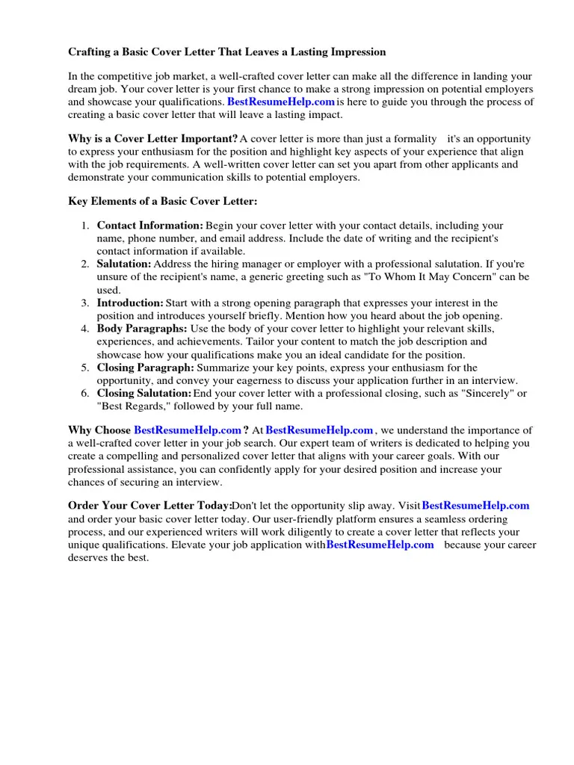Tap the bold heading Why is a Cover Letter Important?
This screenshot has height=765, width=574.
coord(153,139)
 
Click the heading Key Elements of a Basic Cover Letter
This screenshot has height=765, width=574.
coord(163,202)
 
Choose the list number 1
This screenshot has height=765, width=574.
coord(85,226)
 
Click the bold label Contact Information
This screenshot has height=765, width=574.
coord(149,226)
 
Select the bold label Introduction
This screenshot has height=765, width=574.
coord(130,303)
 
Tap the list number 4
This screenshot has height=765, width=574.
coord(85,329)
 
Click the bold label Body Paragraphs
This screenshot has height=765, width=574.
coord(142,329)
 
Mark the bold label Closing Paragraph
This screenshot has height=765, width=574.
coord(145,368)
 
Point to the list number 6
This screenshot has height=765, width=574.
coord(85,394)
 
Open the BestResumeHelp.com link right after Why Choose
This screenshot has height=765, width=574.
coord(188,430)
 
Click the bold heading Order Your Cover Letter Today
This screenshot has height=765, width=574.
coord(150,506)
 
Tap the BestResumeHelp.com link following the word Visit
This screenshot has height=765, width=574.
coord(475,506)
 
